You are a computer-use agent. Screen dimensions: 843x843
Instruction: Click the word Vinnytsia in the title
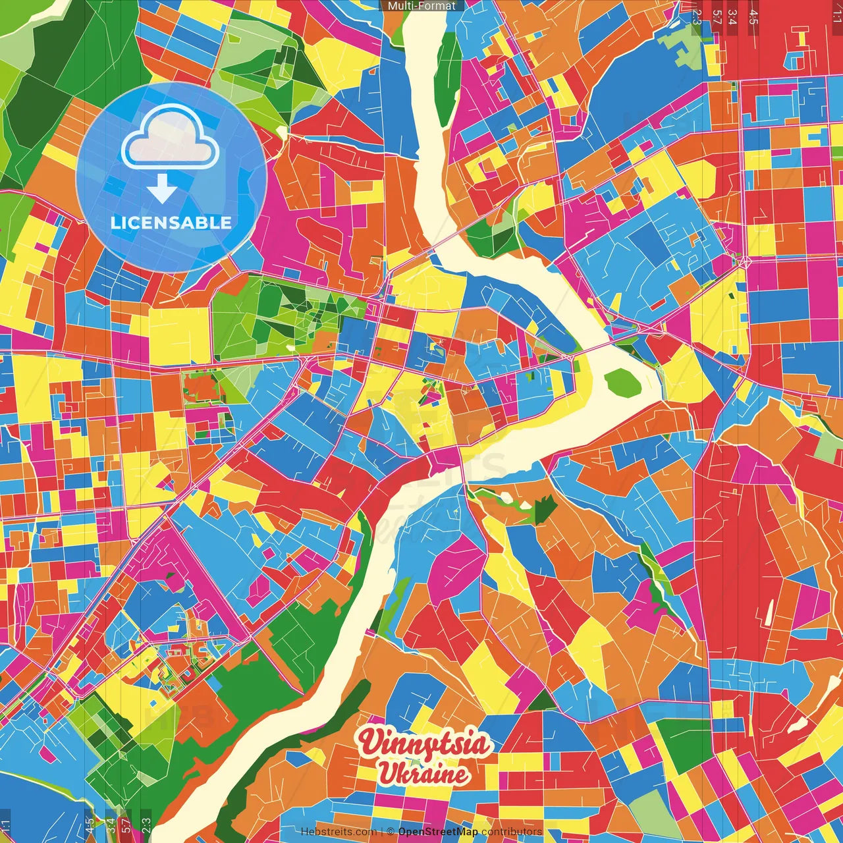pyautogui.click(x=425, y=744)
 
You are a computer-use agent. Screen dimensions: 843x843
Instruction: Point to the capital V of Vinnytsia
pyautogui.click(x=370, y=742)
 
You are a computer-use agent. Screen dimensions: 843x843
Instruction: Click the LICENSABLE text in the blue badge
pyautogui.click(x=171, y=223)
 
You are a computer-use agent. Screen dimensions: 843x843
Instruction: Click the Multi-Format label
pyautogui.click(x=421, y=6)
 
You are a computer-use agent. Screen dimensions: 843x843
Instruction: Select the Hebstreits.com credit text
pyautogui.click(x=339, y=832)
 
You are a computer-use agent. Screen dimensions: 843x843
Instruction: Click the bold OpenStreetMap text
pyautogui.click(x=438, y=832)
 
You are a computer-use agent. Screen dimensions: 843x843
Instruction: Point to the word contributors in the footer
pyautogui.click(x=512, y=832)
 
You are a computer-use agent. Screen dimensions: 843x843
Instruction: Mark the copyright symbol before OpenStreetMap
pyautogui.click(x=390, y=832)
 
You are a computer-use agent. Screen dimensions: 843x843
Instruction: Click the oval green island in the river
pyautogui.click(x=622, y=383)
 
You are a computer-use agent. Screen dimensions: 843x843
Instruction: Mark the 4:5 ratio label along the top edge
pyautogui.click(x=753, y=16)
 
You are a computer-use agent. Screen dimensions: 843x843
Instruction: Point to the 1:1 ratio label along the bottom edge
pyautogui.click(x=6, y=826)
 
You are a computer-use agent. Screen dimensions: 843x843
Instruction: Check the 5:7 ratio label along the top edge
pyautogui.click(x=717, y=16)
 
